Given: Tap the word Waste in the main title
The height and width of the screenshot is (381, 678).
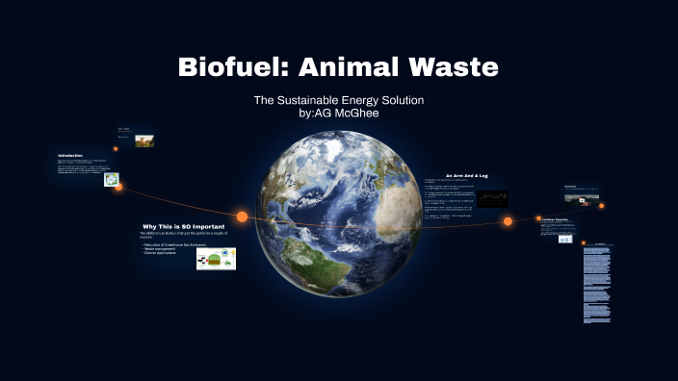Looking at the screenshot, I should coord(455,67).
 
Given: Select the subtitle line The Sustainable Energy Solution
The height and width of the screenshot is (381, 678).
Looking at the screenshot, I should coord(338,100).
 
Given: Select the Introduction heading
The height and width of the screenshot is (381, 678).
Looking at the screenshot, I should coord(70,156).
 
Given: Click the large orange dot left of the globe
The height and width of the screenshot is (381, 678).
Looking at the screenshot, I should coord(242,216).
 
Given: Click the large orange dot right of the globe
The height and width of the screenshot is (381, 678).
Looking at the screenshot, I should coord(508,221).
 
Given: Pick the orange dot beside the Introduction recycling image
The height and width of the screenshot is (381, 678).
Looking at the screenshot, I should coord(118,187).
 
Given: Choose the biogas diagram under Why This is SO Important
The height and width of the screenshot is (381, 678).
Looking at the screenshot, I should coord(216,258).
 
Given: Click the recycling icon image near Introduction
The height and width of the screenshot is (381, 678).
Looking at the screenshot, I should coord(111,179).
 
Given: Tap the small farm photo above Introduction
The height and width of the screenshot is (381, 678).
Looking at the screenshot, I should coord(144,140).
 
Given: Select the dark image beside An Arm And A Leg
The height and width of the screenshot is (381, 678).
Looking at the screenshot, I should coord(492,199).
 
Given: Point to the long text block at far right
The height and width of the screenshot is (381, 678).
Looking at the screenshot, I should coord(597,285).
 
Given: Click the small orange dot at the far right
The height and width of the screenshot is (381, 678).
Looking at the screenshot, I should coord(601,206).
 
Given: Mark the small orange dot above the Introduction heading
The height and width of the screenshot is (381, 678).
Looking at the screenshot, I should coord(116,149).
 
